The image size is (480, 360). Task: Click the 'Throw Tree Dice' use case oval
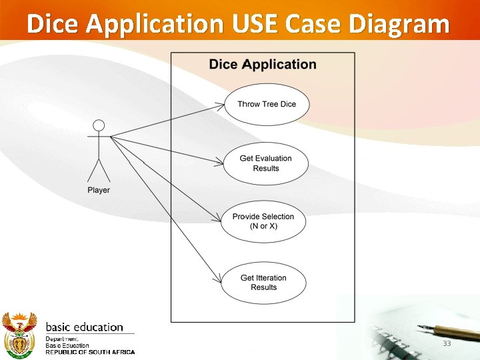pos(266,104)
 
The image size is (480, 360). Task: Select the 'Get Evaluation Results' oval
pos(265,163)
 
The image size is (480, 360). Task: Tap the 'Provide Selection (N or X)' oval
pos(263,221)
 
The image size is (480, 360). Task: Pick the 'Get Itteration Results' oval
pos(263,283)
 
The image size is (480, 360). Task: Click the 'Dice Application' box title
pos(263,65)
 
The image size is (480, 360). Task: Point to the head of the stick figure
pos(99,125)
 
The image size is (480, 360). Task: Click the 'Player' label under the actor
pos(99,191)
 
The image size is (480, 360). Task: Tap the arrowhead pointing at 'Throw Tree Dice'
pos(220,105)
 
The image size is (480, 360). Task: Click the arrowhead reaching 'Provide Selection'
pos(218,219)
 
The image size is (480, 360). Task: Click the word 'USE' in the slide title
pos(255,24)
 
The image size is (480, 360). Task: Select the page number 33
pos(447,343)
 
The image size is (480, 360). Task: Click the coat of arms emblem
pos(19,334)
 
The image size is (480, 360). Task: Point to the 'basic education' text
pos(84,327)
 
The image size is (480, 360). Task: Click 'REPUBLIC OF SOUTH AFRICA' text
pos(90,352)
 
